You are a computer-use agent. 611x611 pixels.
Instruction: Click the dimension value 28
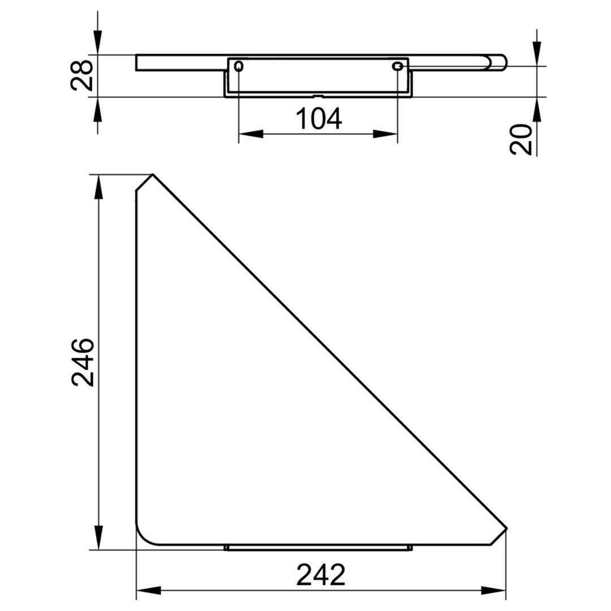pos(81,76)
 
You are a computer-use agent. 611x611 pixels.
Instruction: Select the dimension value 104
pos(319,119)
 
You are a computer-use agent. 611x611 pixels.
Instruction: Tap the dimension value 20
pos(520,140)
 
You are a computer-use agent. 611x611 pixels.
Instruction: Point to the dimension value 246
pos(83,363)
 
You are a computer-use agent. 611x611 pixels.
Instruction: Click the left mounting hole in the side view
pos(239,67)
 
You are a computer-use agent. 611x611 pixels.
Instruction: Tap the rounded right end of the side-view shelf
pos(500,63)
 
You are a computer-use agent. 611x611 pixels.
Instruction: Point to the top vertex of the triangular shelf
pos(152,175)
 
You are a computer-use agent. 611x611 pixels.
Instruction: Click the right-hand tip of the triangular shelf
pos(506,528)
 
